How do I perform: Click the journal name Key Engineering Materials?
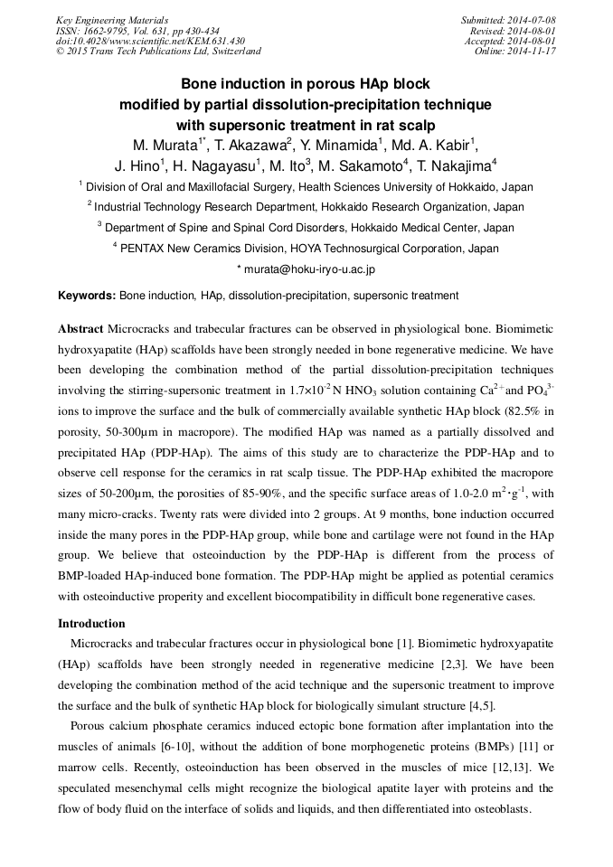pyautogui.click(x=112, y=20)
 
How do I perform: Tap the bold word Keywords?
pyautogui.click(x=87, y=296)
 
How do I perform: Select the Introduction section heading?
pyautogui.click(x=91, y=623)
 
